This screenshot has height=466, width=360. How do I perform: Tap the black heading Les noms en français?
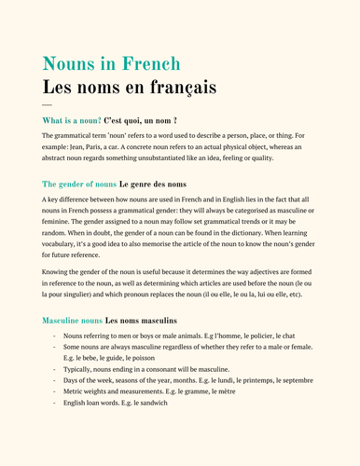tap(129, 88)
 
